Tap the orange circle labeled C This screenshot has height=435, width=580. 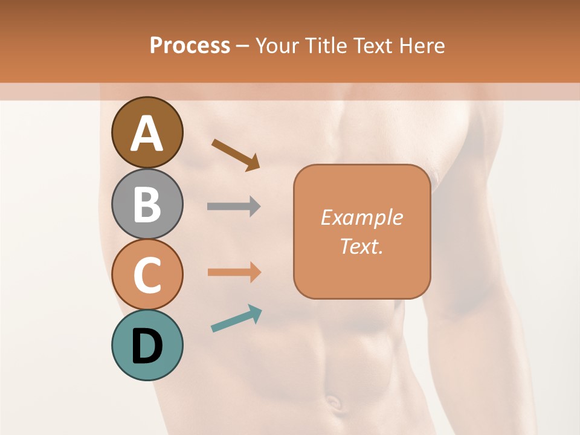click(147, 274)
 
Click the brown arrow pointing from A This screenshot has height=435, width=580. click(236, 155)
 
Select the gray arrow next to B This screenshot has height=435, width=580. click(234, 207)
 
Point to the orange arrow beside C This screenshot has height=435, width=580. click(234, 272)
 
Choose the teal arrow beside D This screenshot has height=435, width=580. click(236, 318)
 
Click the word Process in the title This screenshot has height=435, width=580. click(190, 45)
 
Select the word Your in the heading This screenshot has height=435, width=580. click(275, 45)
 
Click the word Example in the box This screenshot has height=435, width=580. click(361, 217)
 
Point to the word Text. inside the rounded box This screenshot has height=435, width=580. click(361, 246)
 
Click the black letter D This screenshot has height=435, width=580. click(147, 347)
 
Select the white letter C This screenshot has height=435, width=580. click(147, 275)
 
